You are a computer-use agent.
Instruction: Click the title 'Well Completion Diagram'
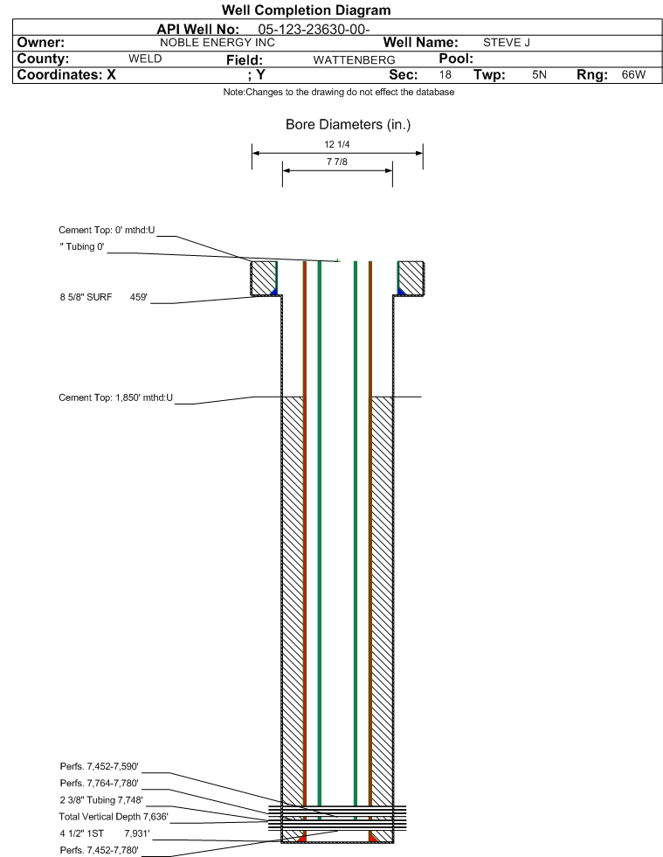pyautogui.click(x=306, y=10)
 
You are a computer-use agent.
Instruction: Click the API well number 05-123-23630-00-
pyautogui.click(x=314, y=30)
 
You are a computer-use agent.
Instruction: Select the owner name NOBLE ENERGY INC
pyautogui.click(x=218, y=43)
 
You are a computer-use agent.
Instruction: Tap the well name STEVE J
pyautogui.click(x=506, y=43)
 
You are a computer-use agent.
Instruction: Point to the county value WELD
pyautogui.click(x=145, y=59)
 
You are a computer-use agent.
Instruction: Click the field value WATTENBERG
pyautogui.click(x=354, y=60)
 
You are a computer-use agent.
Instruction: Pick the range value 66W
pyautogui.click(x=633, y=75)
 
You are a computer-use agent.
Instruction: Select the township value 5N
pyautogui.click(x=540, y=75)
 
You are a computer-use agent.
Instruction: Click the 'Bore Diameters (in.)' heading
pyautogui.click(x=349, y=125)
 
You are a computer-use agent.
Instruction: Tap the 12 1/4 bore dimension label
pyautogui.click(x=336, y=144)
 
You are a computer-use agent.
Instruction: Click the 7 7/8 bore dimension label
pyautogui.click(x=336, y=162)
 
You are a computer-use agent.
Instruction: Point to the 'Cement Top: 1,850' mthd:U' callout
pyautogui.click(x=116, y=397)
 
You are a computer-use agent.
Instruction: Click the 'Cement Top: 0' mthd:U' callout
pyautogui.click(x=107, y=230)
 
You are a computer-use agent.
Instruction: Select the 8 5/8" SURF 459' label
pyautogui.click(x=104, y=297)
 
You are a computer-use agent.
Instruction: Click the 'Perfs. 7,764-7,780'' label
pyautogui.click(x=100, y=784)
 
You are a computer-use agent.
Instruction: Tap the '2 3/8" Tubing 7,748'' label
pyautogui.click(x=101, y=800)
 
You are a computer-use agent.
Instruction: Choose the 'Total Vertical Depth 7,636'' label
pyautogui.click(x=114, y=817)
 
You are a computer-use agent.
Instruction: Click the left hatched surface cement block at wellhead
pyautogui.click(x=264, y=278)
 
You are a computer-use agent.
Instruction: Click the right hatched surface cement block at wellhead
pyautogui.click(x=411, y=278)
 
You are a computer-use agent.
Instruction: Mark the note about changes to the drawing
pyautogui.click(x=339, y=93)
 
